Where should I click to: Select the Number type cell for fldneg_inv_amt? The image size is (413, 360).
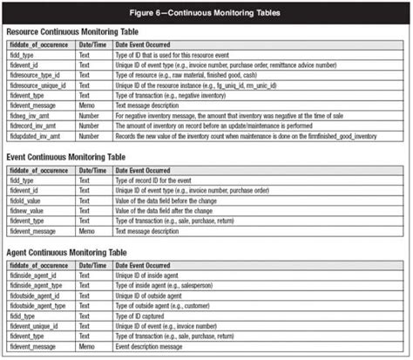(91, 115)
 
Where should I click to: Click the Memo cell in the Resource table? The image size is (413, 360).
(89, 105)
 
